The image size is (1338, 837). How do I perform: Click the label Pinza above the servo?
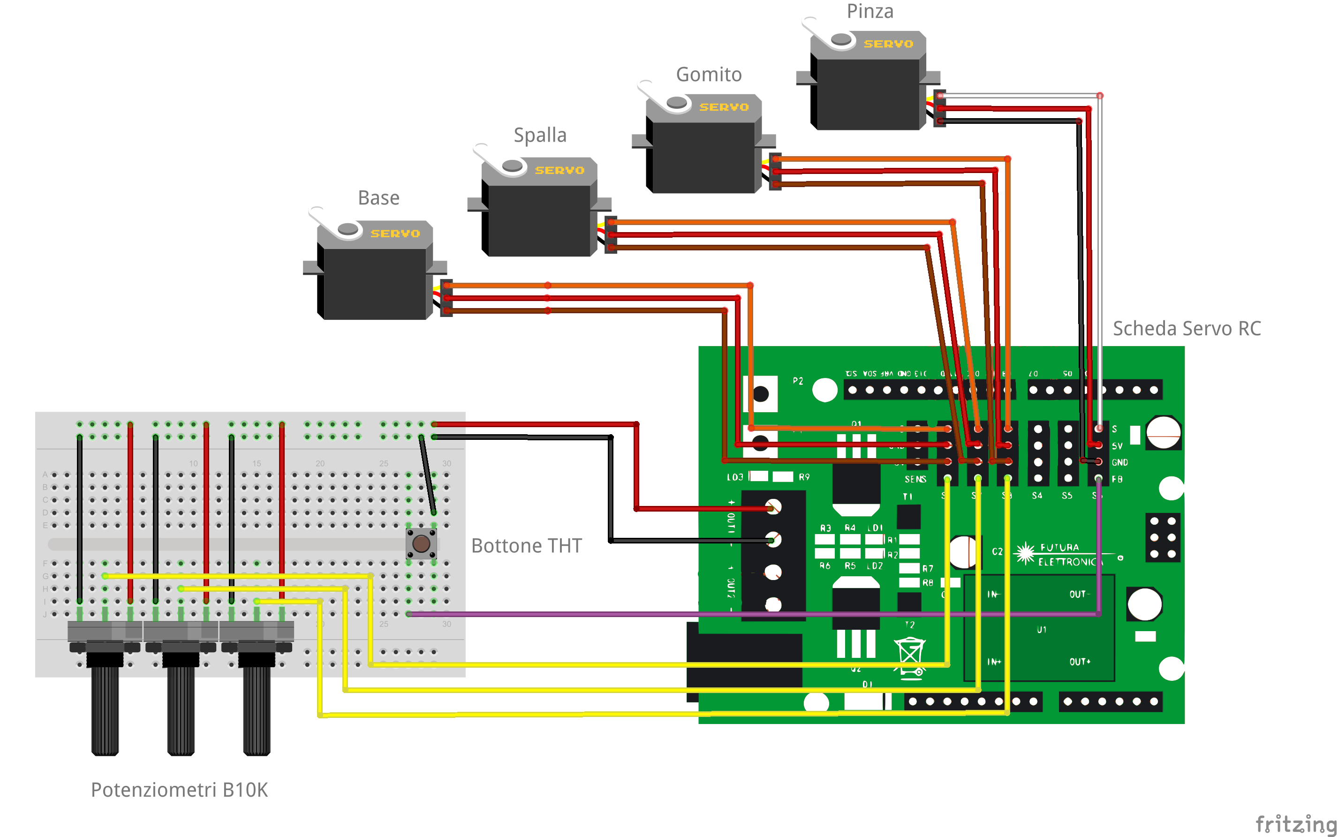point(869,12)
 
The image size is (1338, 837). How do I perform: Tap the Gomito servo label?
point(709,75)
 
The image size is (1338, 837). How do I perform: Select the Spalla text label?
point(540,135)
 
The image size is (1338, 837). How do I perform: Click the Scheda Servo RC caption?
point(1187,329)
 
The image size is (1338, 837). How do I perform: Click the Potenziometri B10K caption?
point(179,790)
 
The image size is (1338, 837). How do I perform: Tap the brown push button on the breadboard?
point(421,543)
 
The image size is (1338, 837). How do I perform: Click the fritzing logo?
point(1295,824)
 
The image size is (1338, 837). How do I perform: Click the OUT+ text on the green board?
point(1080,662)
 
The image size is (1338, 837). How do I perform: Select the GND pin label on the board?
point(1119,463)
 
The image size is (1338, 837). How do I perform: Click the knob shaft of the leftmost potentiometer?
point(105,711)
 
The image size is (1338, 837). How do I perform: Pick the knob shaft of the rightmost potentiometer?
point(257,711)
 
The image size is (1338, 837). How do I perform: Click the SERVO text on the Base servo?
point(395,234)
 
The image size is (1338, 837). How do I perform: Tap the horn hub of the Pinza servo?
point(841,39)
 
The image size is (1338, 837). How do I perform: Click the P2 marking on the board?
point(798,381)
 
